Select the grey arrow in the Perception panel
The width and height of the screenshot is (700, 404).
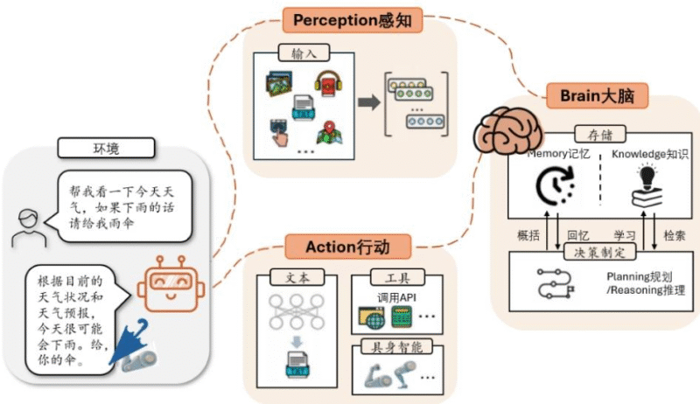367,102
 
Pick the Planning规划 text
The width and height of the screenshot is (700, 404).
644,276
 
